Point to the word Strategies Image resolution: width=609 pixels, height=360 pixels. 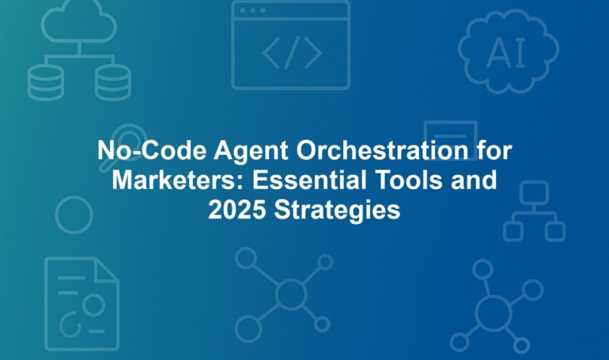coord(337,211)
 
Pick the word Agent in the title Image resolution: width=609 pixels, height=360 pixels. coord(251,150)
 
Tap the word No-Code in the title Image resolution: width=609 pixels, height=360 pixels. coord(152,150)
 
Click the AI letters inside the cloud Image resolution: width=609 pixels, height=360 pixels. coord(506,52)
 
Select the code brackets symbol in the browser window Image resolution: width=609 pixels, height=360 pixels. coord(292,52)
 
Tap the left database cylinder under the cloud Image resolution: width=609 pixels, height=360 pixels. coord(46,82)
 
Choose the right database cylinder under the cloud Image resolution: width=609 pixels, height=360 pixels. coord(113,82)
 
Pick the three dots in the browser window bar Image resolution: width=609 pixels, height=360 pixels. coord(252,10)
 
